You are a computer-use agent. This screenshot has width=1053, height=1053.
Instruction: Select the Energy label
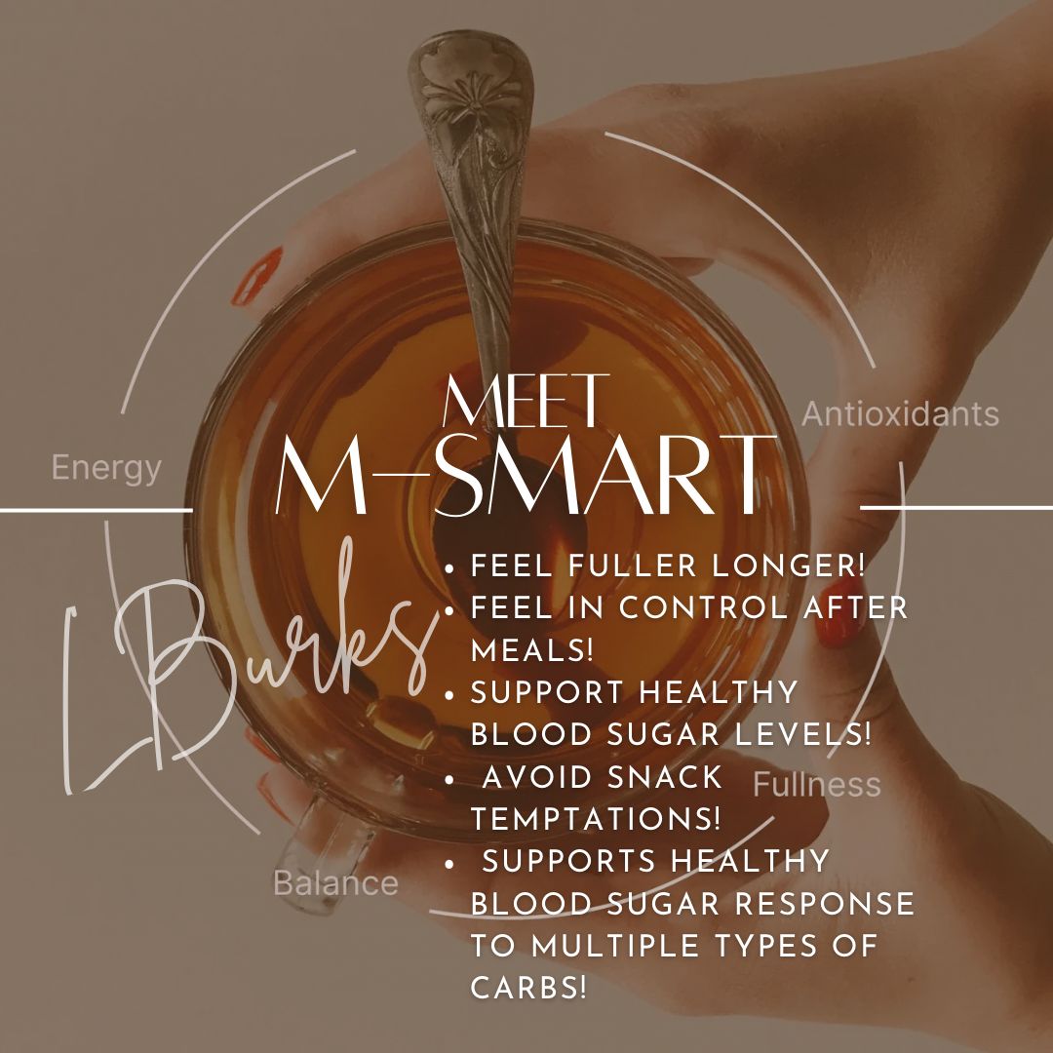point(106,469)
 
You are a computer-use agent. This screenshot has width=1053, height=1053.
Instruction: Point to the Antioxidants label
point(900,414)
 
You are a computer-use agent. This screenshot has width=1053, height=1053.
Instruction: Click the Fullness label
point(817,785)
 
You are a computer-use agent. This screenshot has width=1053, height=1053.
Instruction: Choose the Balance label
point(335,883)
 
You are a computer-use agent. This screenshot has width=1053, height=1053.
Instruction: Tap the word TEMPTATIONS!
point(596,819)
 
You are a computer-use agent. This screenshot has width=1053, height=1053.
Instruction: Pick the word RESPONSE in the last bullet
point(824,904)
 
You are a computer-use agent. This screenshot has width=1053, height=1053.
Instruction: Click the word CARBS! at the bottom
point(529,988)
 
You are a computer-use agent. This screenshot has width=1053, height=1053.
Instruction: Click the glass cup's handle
point(322,838)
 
